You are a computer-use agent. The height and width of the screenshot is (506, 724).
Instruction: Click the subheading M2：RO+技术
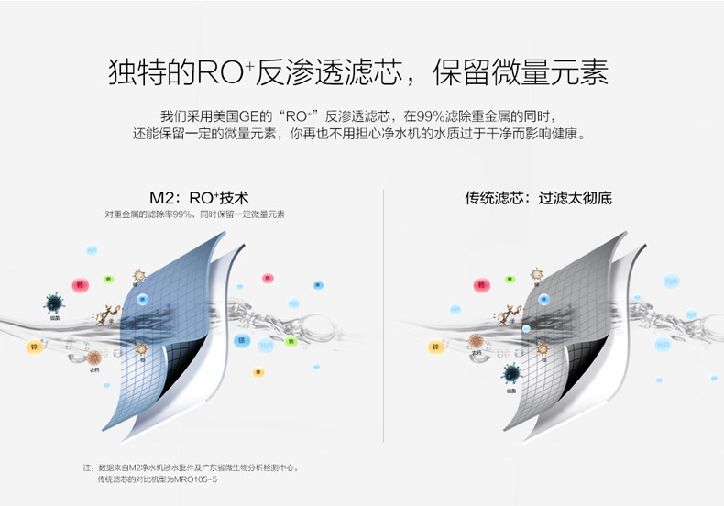click(199, 197)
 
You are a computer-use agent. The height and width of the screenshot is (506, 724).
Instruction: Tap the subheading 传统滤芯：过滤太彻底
click(538, 197)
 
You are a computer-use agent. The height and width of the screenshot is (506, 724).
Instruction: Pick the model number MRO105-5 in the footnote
click(192, 478)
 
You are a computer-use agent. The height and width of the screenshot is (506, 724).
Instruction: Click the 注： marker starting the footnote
click(88, 467)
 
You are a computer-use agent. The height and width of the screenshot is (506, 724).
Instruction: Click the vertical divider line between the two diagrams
click(383, 321)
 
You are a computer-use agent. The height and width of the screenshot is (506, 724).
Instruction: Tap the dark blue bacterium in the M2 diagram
click(54, 303)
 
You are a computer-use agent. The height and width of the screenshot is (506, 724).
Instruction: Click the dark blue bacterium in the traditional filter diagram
click(510, 374)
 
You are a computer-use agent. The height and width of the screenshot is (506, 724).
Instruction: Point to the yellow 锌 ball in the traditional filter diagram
click(433, 346)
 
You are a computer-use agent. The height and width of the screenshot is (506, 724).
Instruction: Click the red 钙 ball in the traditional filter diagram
click(479, 286)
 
